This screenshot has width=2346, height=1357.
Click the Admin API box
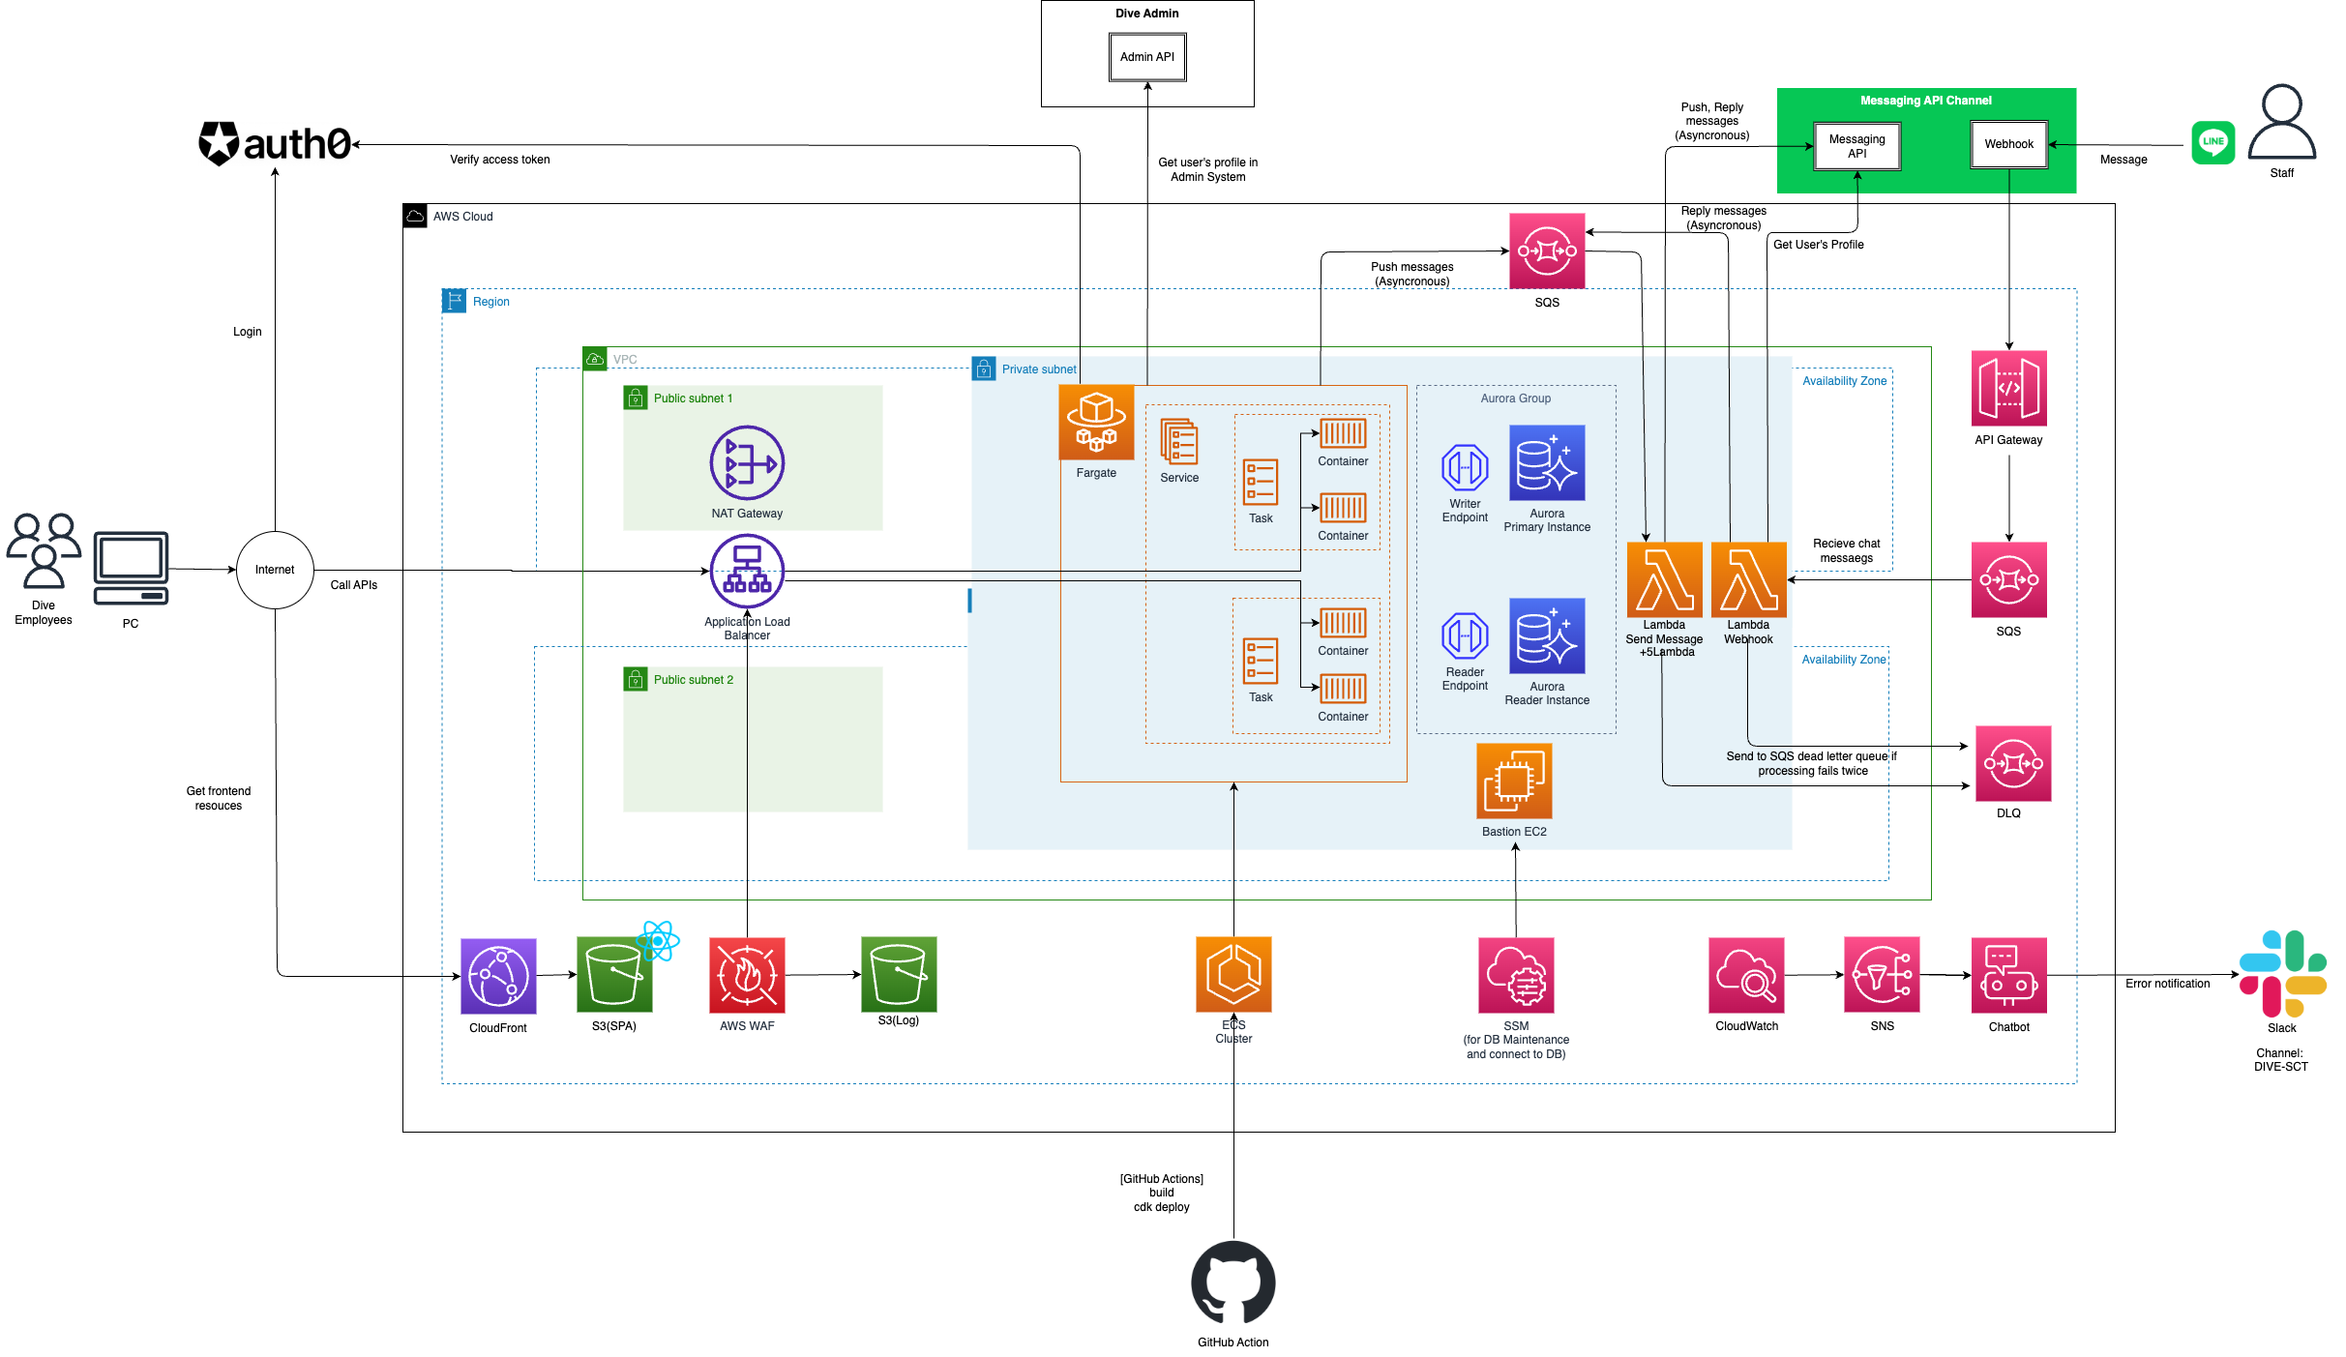[x=1146, y=57]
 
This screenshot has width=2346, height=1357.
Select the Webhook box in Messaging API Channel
[x=2008, y=144]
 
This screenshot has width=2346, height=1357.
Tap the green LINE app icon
[x=2212, y=142]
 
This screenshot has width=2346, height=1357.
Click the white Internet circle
[x=275, y=570]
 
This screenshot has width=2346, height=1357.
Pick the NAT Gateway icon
[x=747, y=462]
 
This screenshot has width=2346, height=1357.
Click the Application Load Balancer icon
[x=747, y=571]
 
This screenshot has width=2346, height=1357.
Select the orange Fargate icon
[x=1096, y=422]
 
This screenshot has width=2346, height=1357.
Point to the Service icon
[x=1178, y=442]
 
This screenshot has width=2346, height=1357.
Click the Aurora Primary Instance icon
[x=1546, y=462]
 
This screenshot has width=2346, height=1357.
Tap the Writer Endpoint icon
[x=1465, y=468]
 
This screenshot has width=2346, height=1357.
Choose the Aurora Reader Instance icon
[x=1546, y=635]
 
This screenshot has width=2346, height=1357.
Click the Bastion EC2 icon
[x=1514, y=781]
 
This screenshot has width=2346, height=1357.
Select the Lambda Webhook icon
[x=1748, y=579]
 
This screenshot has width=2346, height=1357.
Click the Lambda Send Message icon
[x=1664, y=579]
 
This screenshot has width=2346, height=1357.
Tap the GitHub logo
[x=1232, y=1283]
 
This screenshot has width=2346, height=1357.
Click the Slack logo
[x=2282, y=973]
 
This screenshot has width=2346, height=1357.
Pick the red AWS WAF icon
[x=747, y=975]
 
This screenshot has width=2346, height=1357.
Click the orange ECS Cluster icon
[x=1233, y=974]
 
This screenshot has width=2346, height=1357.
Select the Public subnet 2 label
[x=693, y=680]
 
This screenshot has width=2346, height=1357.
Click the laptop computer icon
[x=131, y=568]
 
